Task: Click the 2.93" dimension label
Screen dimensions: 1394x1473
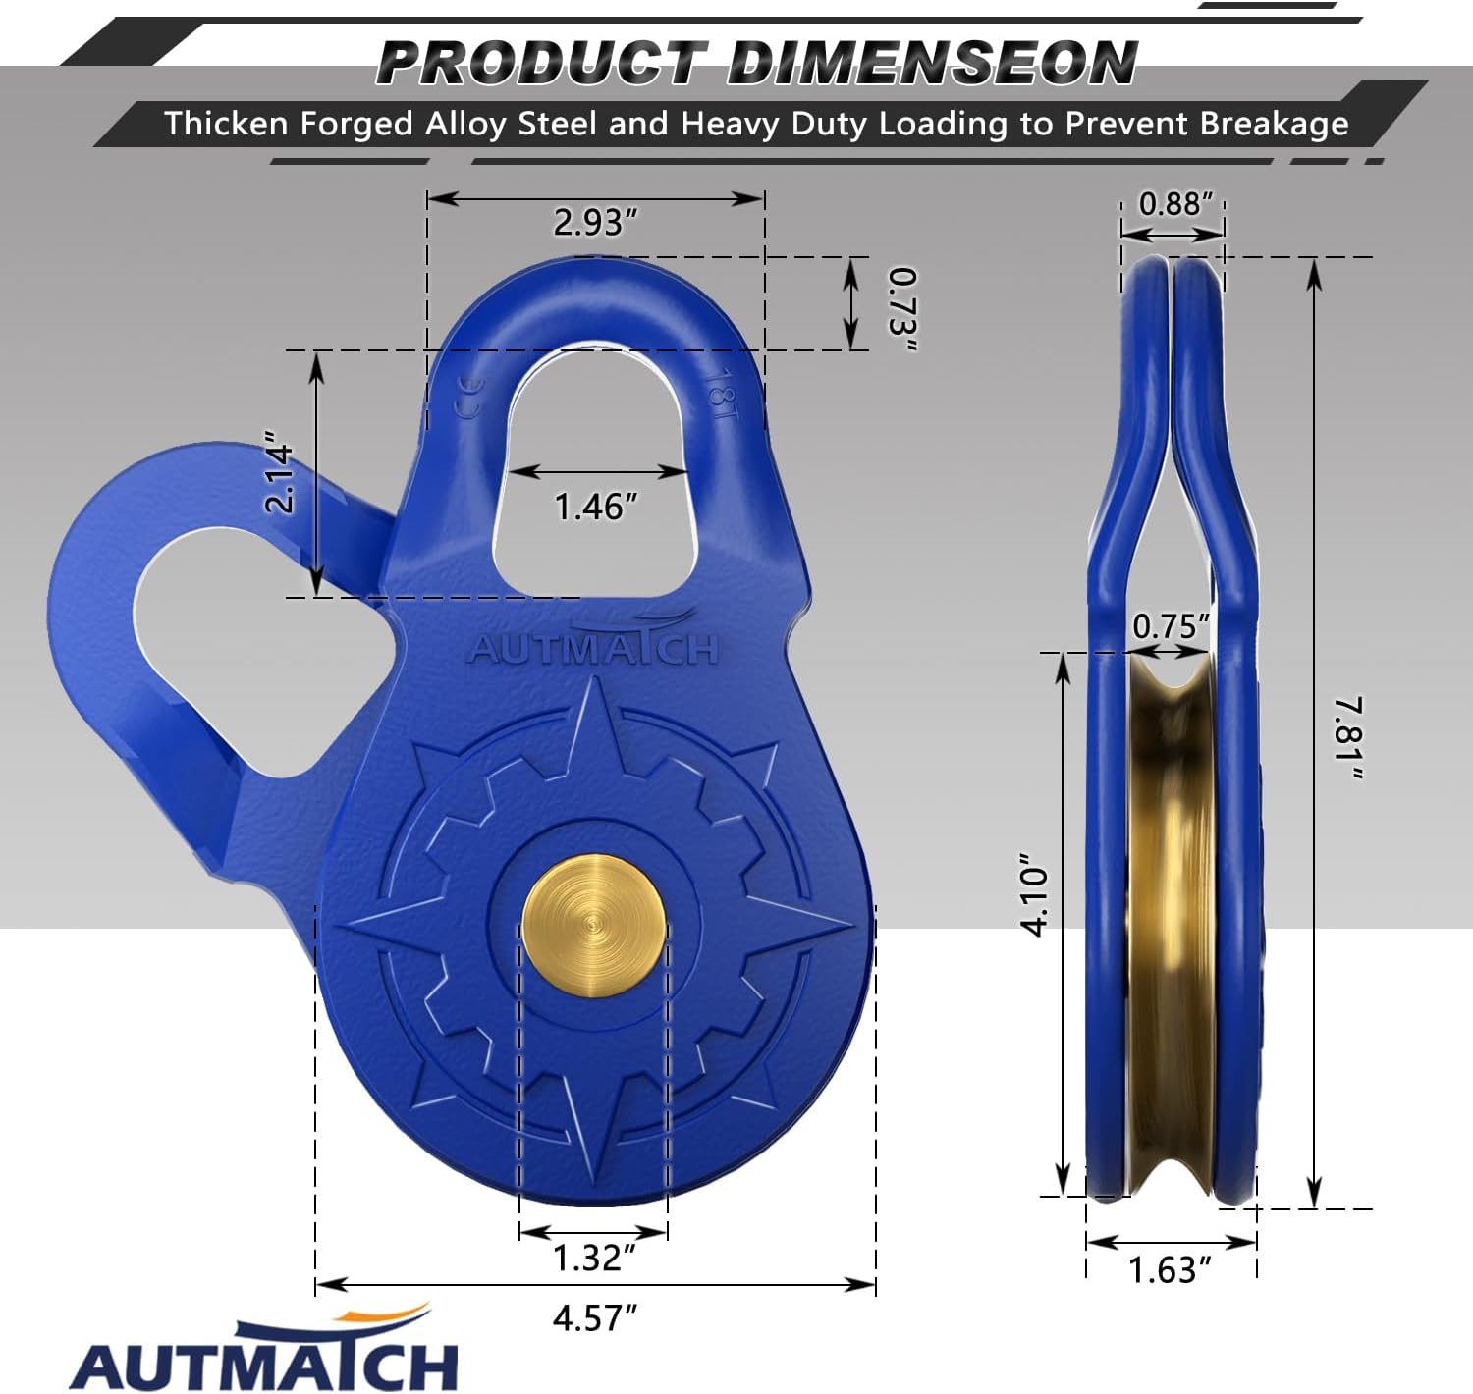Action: click(x=595, y=223)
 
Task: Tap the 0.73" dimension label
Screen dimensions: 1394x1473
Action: click(x=902, y=308)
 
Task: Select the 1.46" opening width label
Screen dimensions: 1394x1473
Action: click(x=596, y=507)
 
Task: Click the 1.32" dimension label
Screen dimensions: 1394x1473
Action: click(x=594, y=1258)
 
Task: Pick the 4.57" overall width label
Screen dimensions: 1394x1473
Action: click(x=595, y=1317)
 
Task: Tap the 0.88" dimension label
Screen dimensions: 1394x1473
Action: click(x=1175, y=204)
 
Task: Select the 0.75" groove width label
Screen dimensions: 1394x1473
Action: click(x=1171, y=626)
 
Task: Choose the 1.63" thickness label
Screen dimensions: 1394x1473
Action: click(x=1169, y=1270)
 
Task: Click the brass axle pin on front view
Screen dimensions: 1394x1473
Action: click(x=594, y=927)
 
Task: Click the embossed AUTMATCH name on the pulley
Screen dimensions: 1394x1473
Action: click(x=594, y=647)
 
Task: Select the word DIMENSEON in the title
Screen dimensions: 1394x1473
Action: click(x=932, y=63)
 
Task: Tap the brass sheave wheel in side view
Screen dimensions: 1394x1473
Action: click(x=1171, y=923)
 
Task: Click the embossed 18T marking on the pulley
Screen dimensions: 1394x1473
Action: click(x=722, y=394)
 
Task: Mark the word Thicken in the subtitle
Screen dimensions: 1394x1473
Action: click(x=227, y=124)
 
